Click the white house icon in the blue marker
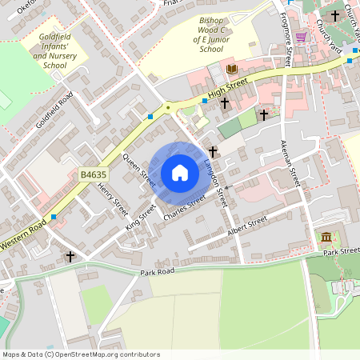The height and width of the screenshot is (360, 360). (180, 173)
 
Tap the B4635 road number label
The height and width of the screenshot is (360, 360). (94, 173)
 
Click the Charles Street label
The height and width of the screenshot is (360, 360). (184, 206)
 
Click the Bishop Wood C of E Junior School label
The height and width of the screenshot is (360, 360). (200, 37)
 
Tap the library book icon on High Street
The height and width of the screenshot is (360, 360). (232, 70)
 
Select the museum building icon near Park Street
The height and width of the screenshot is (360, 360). (326, 236)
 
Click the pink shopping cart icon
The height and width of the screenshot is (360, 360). (301, 37)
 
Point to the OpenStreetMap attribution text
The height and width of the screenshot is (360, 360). (80, 354)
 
